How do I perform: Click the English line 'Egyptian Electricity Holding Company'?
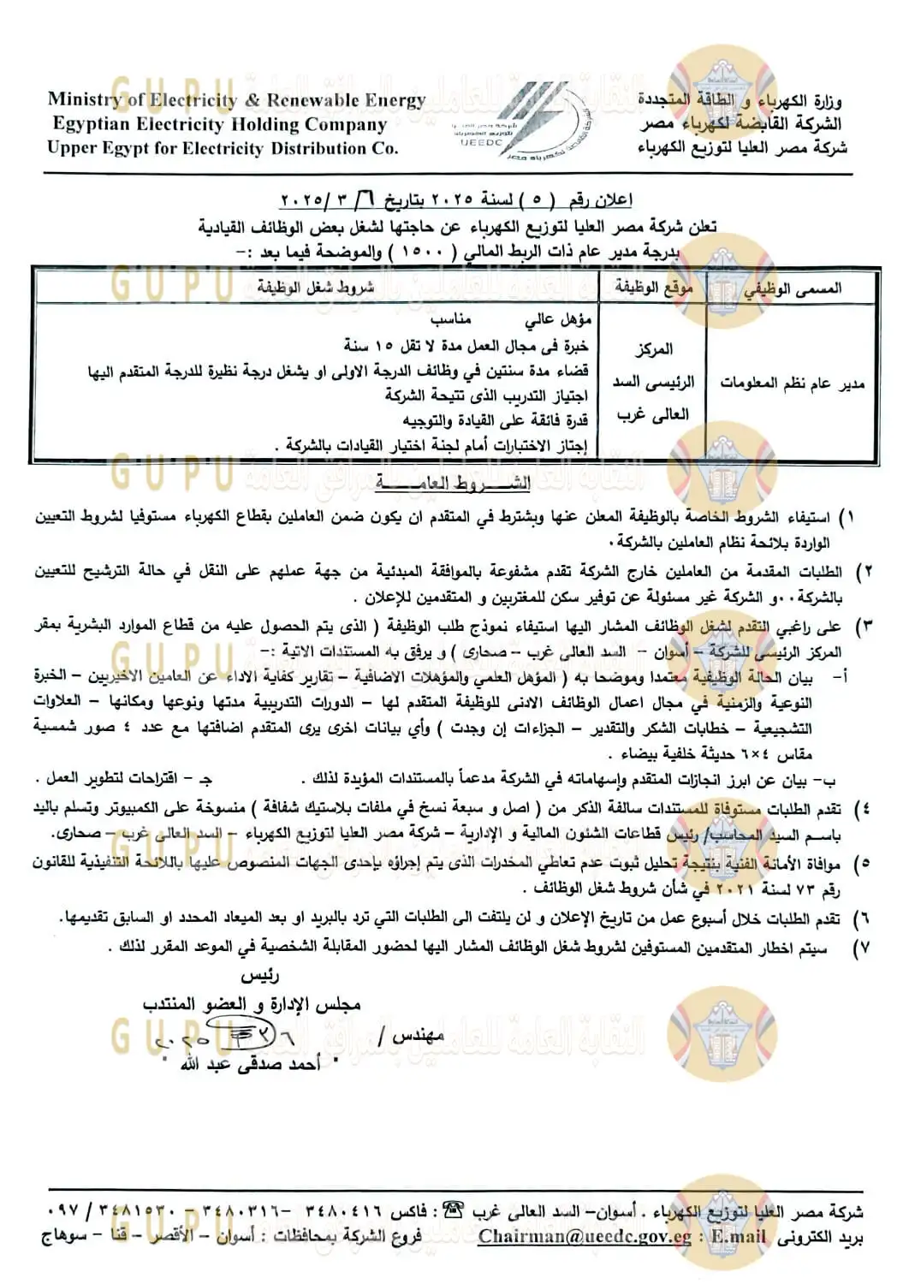pyautogui.click(x=220, y=124)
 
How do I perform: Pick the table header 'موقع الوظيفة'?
pyautogui.click(x=653, y=288)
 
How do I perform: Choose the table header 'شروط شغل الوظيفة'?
pyautogui.click(x=316, y=288)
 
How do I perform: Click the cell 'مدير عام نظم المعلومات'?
pyautogui.click(x=793, y=383)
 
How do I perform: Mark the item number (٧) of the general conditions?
pyautogui.click(x=862, y=948)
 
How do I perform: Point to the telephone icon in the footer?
pyautogui.click(x=454, y=1210)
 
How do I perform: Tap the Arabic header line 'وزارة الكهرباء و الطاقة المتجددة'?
pyautogui.click(x=740, y=100)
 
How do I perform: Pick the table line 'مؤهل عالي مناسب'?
pyautogui.click(x=511, y=319)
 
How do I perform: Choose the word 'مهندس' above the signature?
pyautogui.click(x=419, y=1036)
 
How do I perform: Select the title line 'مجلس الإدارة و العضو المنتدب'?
pyautogui.click(x=252, y=1003)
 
